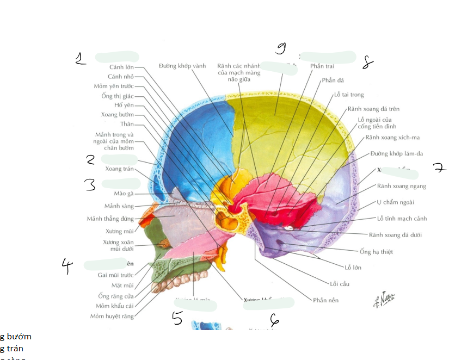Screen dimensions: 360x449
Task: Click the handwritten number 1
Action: pos(81,58)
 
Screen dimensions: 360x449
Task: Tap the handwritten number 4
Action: pos(67,265)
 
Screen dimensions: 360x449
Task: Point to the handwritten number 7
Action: pos(439,167)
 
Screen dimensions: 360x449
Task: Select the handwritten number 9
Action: pos(281,48)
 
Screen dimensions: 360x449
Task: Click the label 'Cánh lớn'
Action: pos(121,67)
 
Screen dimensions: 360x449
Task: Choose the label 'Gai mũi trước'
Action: pos(115,275)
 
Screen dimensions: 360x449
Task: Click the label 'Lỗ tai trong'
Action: pos(349,95)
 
